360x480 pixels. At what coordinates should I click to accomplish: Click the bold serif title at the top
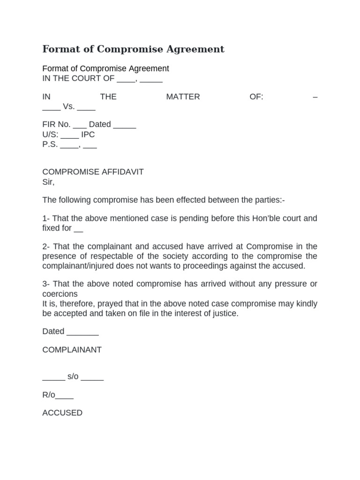pyautogui.click(x=134, y=49)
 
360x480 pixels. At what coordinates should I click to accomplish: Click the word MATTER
pyautogui.click(x=183, y=97)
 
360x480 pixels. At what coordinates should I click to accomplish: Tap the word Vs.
pyautogui.click(x=68, y=107)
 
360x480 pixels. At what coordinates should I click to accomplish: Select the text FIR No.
pyautogui.click(x=56, y=125)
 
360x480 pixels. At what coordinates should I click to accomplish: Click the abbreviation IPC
pyautogui.click(x=88, y=135)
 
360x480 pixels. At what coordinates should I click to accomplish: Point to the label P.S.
pyautogui.click(x=50, y=144)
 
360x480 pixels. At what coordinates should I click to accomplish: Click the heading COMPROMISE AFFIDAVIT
pyautogui.click(x=93, y=172)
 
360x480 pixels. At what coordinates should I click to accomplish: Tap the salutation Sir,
pyautogui.click(x=49, y=182)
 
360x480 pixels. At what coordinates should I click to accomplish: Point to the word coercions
pyautogui.click(x=60, y=294)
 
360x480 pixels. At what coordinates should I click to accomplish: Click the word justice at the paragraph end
pyautogui.click(x=224, y=313)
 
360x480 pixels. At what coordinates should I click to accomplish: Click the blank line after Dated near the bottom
pyautogui.click(x=82, y=332)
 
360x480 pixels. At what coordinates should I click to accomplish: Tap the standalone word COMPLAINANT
pyautogui.click(x=72, y=350)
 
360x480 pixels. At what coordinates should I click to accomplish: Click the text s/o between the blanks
pyautogui.click(x=74, y=377)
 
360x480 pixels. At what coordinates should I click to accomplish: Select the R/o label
pyautogui.click(x=49, y=395)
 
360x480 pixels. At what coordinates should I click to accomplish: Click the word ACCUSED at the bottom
pyautogui.click(x=62, y=413)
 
